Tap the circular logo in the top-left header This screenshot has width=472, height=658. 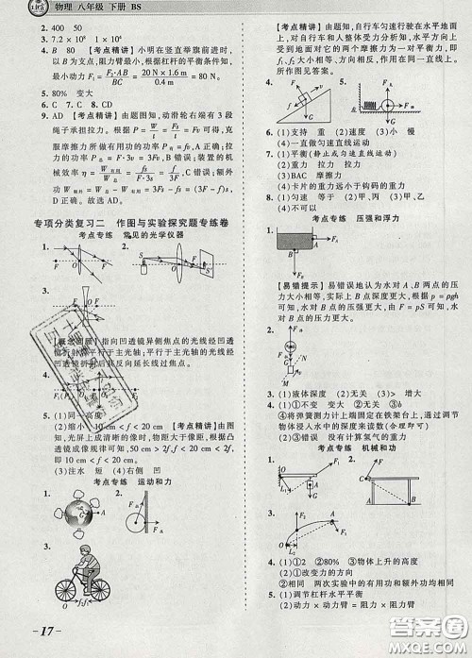coord(13,8)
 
